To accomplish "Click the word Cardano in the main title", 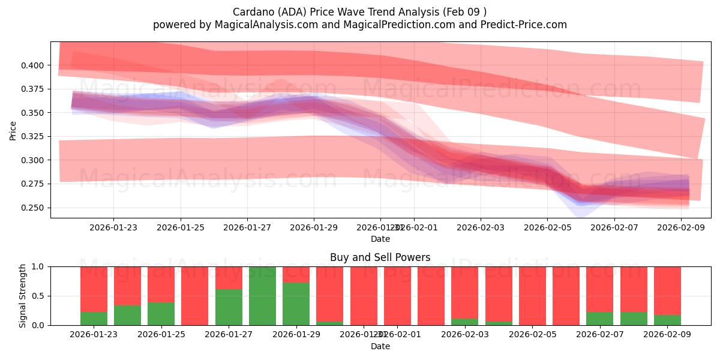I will click(251, 12).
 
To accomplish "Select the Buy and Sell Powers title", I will click(380, 257).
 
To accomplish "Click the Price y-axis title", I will click(13, 130).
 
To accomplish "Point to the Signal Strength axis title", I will click(23, 296).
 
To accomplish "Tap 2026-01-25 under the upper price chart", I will click(181, 227).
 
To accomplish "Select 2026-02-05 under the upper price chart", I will click(547, 227).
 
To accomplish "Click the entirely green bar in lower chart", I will click(262, 296).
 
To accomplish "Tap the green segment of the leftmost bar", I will click(94, 319).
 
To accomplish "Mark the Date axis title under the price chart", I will click(380, 239).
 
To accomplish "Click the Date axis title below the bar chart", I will click(380, 346).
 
